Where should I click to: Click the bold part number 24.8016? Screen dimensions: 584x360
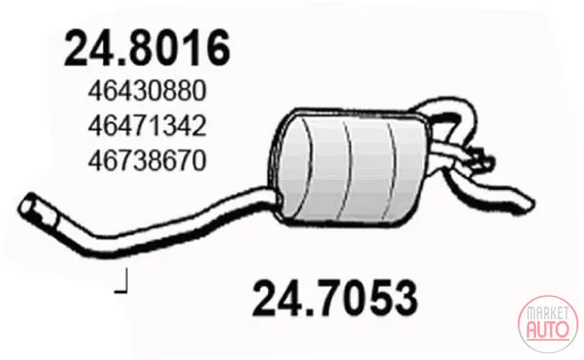[x=147, y=49]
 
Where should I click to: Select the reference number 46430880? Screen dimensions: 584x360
[x=147, y=91]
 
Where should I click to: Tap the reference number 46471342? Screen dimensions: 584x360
[x=147, y=126]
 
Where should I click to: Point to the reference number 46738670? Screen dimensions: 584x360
[x=147, y=161]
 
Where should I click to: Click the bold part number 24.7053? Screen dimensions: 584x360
[x=335, y=298]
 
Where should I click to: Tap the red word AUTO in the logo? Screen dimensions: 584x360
[x=548, y=329]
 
